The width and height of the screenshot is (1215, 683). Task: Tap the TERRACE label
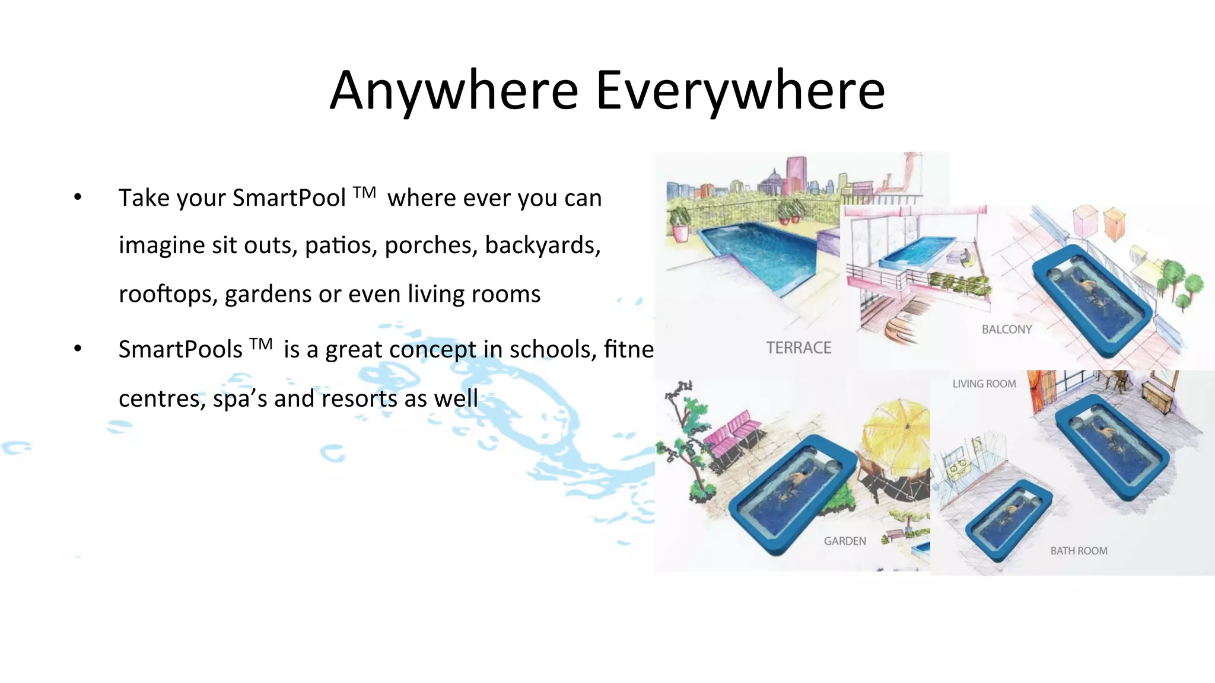coord(799,348)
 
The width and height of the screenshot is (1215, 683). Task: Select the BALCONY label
coord(1007,330)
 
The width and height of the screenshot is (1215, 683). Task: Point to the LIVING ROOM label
coord(984,384)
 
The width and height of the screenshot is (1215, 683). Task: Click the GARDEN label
coord(845,541)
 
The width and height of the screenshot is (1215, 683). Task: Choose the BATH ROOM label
coord(1079,551)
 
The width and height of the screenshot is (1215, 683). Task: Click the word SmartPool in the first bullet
coord(288,198)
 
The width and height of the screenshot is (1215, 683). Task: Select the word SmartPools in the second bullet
coord(180,349)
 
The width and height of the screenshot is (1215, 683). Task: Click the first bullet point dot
coord(78,197)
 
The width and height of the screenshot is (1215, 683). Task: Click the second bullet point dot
coord(78,349)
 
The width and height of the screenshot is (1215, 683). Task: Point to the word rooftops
coord(167,294)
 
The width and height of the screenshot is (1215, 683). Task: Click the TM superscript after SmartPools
coord(261,343)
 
